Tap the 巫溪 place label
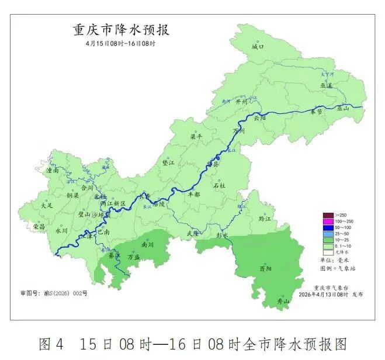[x=326, y=85]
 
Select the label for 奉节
[x=316, y=111]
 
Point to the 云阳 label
[x=259, y=117]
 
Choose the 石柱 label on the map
[x=219, y=185]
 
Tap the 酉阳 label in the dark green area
[x=265, y=268]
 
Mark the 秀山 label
[x=283, y=302]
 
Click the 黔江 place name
[x=265, y=218]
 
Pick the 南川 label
[x=147, y=245]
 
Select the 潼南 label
[x=53, y=171]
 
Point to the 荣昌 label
[x=39, y=226]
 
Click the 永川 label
[x=61, y=230]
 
